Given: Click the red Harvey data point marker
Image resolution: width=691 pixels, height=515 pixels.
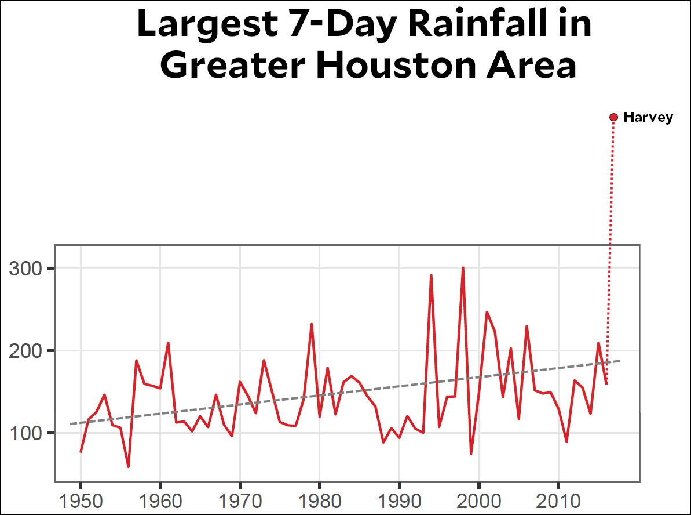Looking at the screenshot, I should click(x=614, y=118).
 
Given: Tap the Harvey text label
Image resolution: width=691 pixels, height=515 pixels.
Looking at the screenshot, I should click(x=648, y=118).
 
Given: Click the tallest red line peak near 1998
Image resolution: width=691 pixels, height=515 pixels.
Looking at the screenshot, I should click(x=463, y=268).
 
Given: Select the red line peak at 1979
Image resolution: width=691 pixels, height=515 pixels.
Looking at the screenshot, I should click(x=312, y=324).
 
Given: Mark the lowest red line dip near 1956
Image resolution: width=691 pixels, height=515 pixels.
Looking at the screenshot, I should click(x=128, y=466).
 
